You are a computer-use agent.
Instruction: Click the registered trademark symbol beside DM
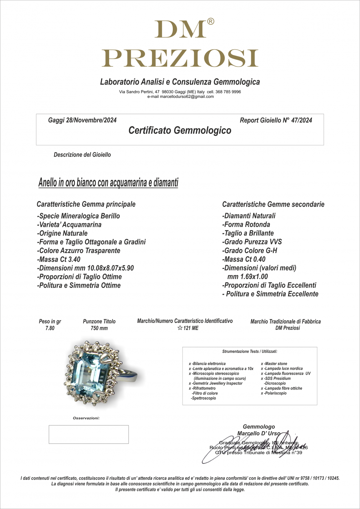pos(211,22)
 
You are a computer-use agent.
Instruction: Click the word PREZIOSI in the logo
pos(180,58)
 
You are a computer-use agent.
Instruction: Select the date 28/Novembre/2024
pos(91,120)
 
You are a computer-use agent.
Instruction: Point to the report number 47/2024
pos(301,120)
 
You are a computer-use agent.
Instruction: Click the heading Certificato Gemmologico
pos(180,130)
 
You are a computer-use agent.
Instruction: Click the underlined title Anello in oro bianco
pos(108,183)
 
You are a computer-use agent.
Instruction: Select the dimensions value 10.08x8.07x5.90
pos(110,268)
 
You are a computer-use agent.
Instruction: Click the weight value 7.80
pos(50,328)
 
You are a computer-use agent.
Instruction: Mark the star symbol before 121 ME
pos(180,328)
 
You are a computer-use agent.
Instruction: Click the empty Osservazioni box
pos(89,434)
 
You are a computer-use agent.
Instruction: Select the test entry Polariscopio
pos(275,393)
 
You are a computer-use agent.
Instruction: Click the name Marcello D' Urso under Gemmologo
pos(258,433)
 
